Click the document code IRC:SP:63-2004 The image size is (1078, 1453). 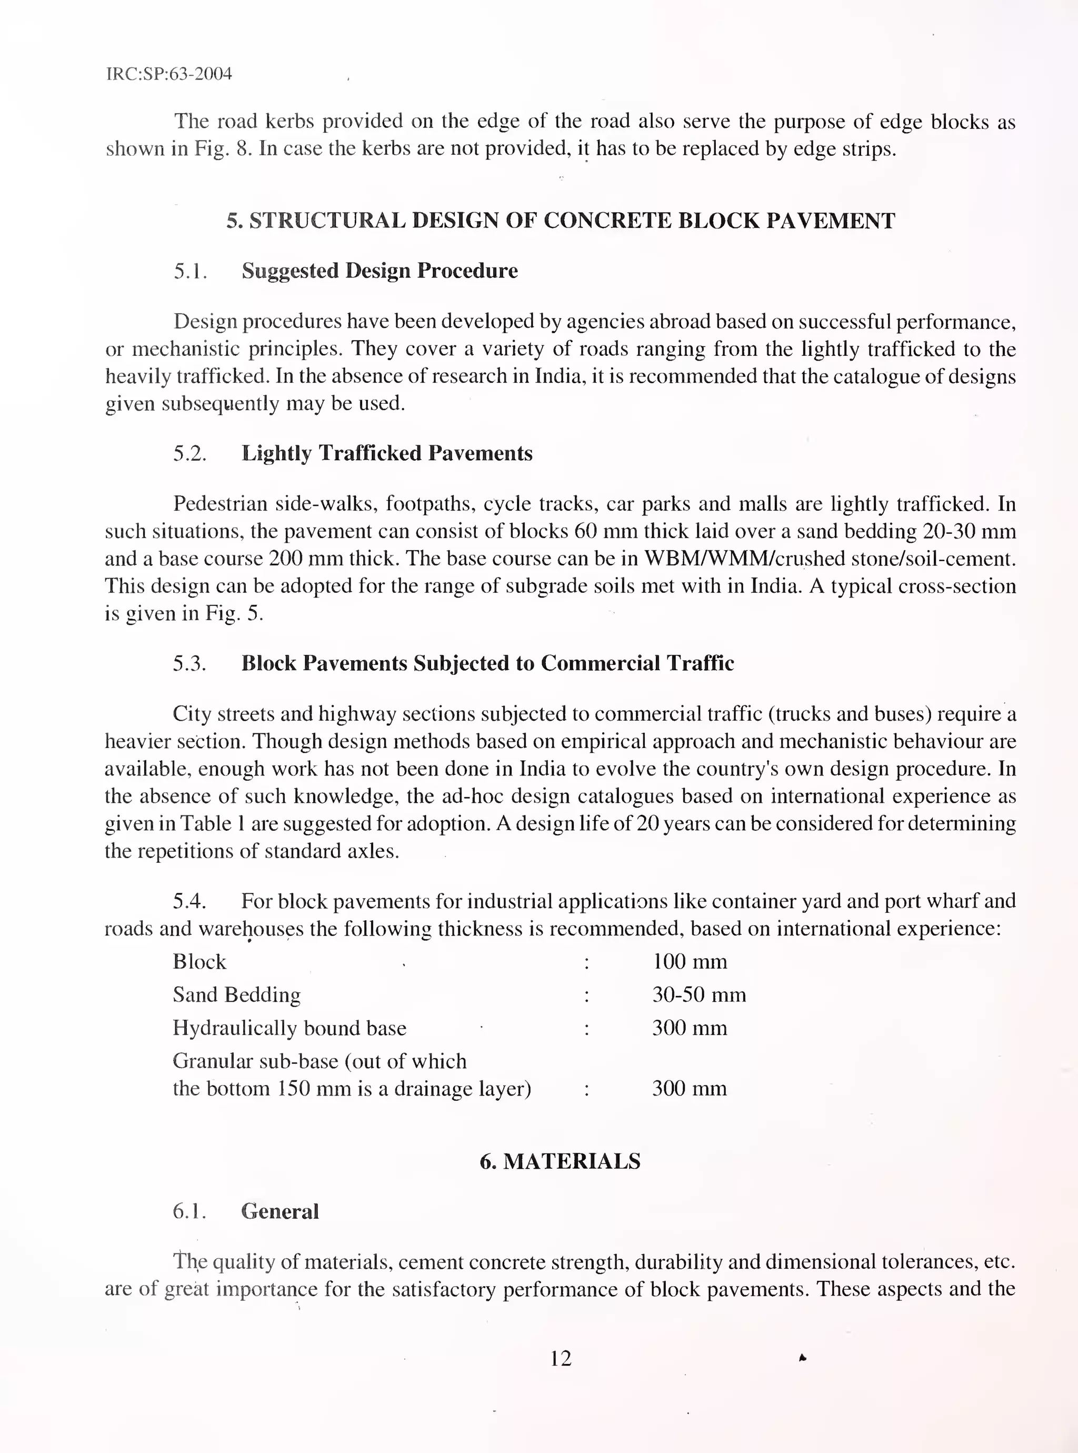(x=168, y=74)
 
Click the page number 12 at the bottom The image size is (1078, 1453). (x=561, y=1358)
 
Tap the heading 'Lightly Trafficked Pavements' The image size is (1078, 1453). (x=386, y=453)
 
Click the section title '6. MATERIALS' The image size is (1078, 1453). (x=560, y=1161)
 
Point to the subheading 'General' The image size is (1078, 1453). (x=280, y=1211)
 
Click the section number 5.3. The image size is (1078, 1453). (x=189, y=663)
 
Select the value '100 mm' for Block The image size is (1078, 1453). (x=689, y=961)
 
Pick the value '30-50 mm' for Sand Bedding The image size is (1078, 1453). (x=698, y=994)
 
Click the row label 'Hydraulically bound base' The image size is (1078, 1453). (x=289, y=1028)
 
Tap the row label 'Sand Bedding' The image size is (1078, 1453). (x=236, y=994)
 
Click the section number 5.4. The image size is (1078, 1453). (x=189, y=901)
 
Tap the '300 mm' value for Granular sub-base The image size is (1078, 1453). (x=689, y=1088)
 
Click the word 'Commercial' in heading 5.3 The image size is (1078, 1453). (x=601, y=663)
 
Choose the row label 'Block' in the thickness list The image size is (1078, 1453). (x=199, y=961)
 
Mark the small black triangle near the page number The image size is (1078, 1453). (x=803, y=1358)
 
